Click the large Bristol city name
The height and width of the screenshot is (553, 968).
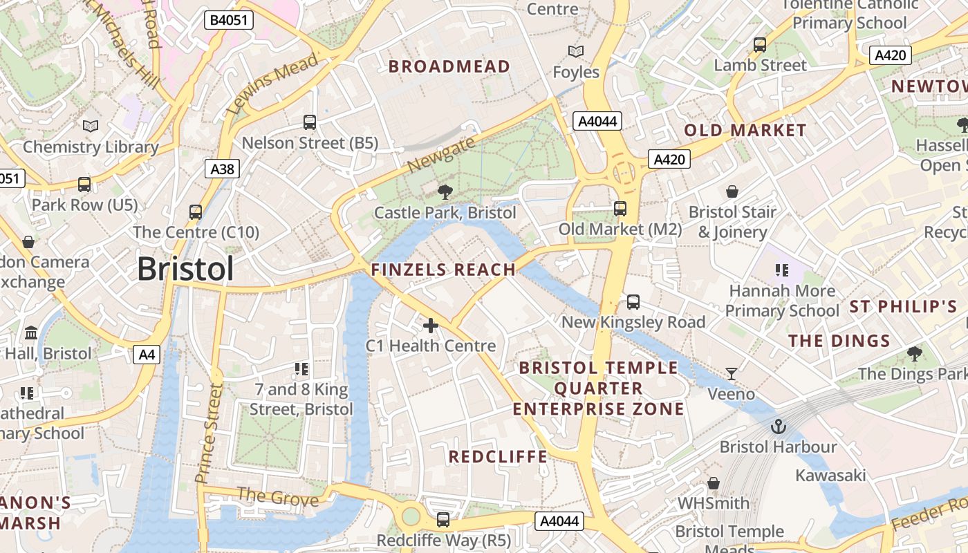pyautogui.click(x=185, y=269)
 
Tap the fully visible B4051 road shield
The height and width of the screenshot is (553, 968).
pyautogui.click(x=228, y=20)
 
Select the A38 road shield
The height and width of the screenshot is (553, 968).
pyautogui.click(x=222, y=169)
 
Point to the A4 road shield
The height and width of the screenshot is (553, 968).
pyautogui.click(x=147, y=355)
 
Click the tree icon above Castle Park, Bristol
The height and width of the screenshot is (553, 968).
pyautogui.click(x=445, y=191)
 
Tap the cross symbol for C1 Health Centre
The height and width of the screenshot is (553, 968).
pyautogui.click(x=431, y=325)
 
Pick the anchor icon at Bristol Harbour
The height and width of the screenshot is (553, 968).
pyautogui.click(x=779, y=427)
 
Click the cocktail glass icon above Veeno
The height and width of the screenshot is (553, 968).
pyautogui.click(x=732, y=374)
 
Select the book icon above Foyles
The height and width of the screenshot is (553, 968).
pyautogui.click(x=575, y=52)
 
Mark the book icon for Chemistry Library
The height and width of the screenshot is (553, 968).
pyautogui.click(x=91, y=126)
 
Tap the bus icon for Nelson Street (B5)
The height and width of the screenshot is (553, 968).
pyautogui.click(x=310, y=122)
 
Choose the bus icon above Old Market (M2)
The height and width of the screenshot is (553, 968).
pyautogui.click(x=620, y=208)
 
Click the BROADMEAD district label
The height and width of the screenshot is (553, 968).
pyautogui.click(x=449, y=67)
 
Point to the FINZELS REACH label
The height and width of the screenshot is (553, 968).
pyautogui.click(x=443, y=270)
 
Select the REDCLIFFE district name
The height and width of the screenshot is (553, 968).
pyautogui.click(x=498, y=457)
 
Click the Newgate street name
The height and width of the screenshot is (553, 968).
pyautogui.click(x=442, y=154)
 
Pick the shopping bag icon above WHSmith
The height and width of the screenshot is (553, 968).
pyautogui.click(x=714, y=482)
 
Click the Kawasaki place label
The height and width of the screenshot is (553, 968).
pyautogui.click(x=830, y=476)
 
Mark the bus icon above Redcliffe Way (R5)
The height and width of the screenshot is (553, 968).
pyautogui.click(x=443, y=520)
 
